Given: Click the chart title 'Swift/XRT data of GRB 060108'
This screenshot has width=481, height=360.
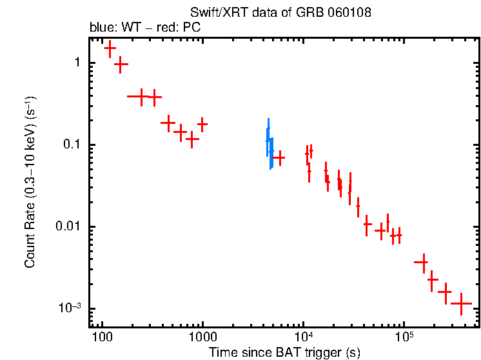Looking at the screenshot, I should (280, 13).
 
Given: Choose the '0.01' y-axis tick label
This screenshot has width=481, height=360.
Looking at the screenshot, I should (68, 227).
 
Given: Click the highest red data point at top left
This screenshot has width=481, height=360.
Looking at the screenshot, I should (110, 48).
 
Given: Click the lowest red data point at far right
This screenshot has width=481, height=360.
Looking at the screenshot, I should (460, 303).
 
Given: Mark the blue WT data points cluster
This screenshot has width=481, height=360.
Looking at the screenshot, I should (270, 143).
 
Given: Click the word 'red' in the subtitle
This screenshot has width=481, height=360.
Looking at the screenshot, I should (170, 28).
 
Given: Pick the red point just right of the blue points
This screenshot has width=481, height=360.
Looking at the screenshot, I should (279, 157).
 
